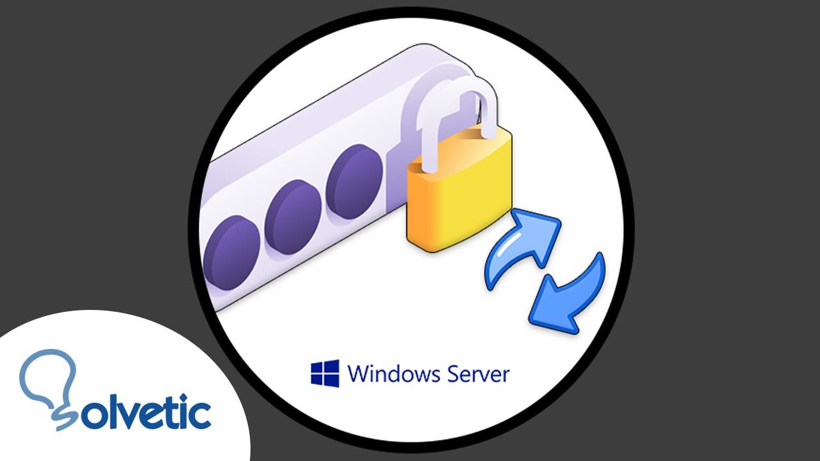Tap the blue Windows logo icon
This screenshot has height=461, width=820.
point(325,373)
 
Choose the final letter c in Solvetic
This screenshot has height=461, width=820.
point(197,414)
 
